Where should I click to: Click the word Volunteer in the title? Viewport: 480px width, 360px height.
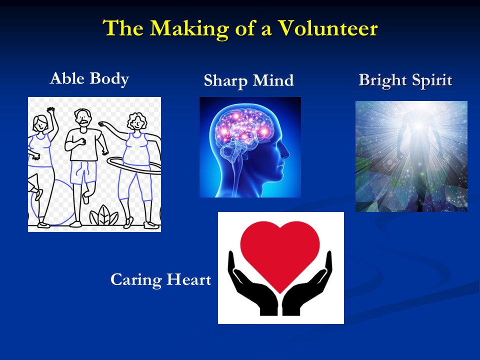pos(328,28)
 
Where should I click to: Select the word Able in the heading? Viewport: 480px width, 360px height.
pos(67,78)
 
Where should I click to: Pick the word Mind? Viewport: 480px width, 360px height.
pos(273,80)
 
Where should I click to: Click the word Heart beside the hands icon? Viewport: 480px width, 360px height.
pos(189,279)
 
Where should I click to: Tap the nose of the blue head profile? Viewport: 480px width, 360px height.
pos(286,152)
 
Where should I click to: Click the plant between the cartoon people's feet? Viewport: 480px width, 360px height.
pos(104,215)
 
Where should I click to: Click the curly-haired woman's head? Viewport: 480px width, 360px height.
pos(137,121)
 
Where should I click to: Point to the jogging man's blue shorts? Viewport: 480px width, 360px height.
pos(83,172)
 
